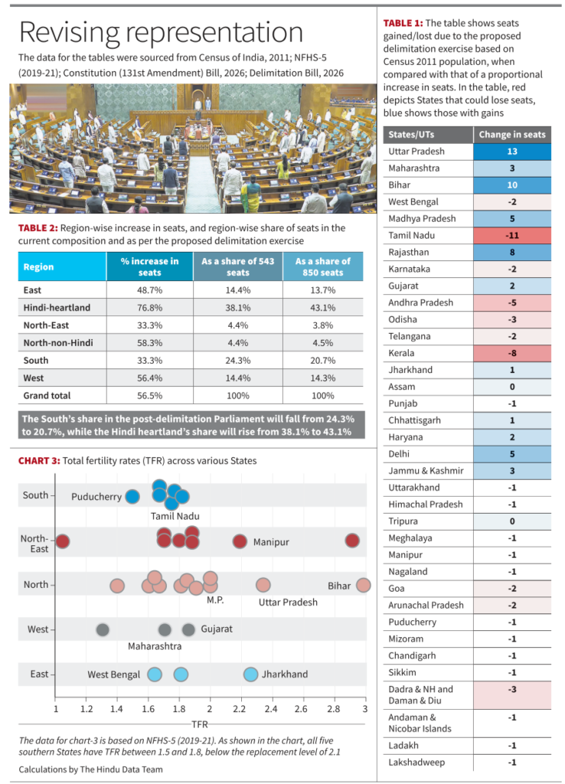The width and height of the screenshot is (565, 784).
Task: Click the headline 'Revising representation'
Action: point(160,32)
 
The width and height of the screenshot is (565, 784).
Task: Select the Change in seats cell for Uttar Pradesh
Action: point(511,152)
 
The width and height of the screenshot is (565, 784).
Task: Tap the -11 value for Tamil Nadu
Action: point(511,236)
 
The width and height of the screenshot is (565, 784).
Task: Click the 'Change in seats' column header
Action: point(511,135)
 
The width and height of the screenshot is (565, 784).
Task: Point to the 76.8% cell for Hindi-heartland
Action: point(149,308)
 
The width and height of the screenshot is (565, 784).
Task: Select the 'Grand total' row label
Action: point(47,396)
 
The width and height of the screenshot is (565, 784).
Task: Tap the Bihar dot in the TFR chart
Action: point(363,585)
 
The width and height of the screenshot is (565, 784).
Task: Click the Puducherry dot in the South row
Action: point(132,496)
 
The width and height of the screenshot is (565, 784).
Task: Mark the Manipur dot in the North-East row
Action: point(240,541)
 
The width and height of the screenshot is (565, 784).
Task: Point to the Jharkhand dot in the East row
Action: point(250,675)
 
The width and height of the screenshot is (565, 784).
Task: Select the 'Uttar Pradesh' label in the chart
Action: point(287,603)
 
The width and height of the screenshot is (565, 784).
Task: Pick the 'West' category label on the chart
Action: point(38,629)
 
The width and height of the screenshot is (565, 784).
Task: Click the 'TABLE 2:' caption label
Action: point(37,228)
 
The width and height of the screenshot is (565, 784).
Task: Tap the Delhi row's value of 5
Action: point(511,454)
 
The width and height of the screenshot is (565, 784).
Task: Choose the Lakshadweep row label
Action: point(416,763)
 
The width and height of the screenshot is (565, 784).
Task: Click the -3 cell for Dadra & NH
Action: point(511,689)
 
